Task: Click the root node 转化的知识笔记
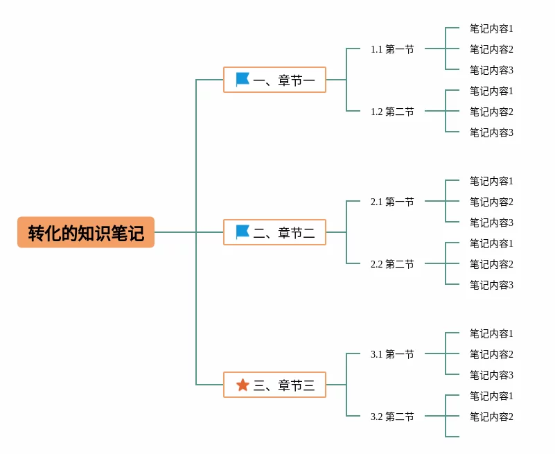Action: tap(86, 233)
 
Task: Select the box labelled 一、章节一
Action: tap(274, 80)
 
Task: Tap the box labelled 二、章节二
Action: tap(274, 232)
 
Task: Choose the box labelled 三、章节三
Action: tap(274, 385)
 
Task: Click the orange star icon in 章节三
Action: tap(243, 385)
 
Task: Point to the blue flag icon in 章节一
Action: tap(243, 79)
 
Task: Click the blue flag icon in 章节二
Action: tap(243, 232)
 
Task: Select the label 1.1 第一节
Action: tap(392, 49)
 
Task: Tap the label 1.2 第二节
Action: tap(392, 112)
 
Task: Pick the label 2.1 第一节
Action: tap(392, 202)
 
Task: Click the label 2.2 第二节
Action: tap(392, 264)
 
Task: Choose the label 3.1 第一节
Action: tap(392, 354)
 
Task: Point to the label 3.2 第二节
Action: tap(392, 417)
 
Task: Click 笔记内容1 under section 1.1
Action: tap(491, 29)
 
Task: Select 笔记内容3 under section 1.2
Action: tap(491, 132)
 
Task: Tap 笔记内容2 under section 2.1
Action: tap(491, 202)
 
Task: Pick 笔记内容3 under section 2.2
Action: tap(491, 285)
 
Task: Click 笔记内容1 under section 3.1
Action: tap(491, 333)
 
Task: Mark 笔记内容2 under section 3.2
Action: tap(491, 417)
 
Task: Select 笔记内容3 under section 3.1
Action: tap(491, 375)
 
